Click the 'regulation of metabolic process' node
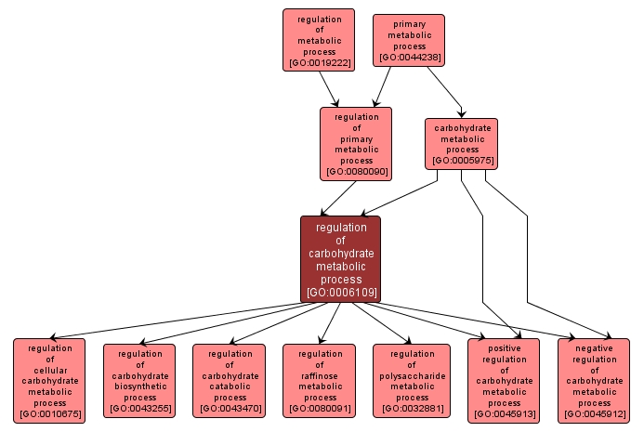click(x=319, y=40)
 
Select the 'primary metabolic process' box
click(x=409, y=40)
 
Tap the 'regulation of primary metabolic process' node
click(x=356, y=143)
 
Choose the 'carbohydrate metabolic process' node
click(x=462, y=143)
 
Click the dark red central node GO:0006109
click(x=340, y=259)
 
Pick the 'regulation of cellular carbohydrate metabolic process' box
click(x=49, y=380)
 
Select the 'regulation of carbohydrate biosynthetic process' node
click(x=139, y=380)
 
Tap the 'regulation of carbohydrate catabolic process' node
click(x=229, y=380)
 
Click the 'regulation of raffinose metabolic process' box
click(x=319, y=380)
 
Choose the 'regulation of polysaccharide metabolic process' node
click(x=409, y=380)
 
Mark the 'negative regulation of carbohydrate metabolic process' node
click(x=594, y=380)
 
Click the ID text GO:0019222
click(x=319, y=63)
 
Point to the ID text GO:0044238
click(x=409, y=58)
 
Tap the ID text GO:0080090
click(x=356, y=172)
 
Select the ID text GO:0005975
click(x=462, y=161)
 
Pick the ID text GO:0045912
click(x=594, y=414)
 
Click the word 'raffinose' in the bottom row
click(x=319, y=375)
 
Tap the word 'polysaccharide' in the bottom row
click(x=409, y=375)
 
